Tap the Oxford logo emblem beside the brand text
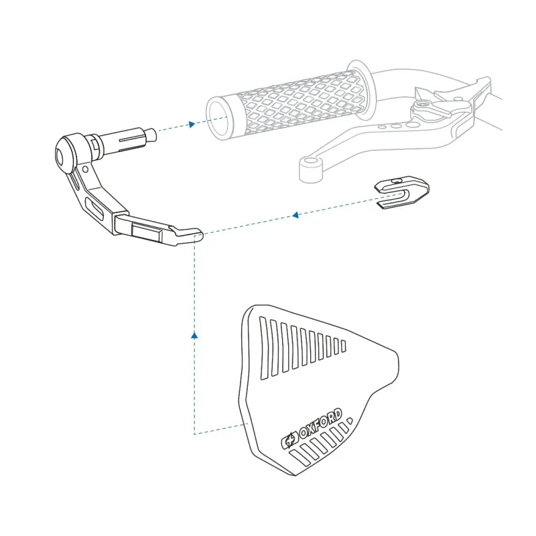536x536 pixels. coord(289,440)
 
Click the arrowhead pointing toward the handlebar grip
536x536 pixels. coord(192,124)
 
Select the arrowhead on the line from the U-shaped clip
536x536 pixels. coord(295,214)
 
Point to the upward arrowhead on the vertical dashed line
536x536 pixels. coord(194,336)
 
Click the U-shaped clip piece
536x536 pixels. coord(403,192)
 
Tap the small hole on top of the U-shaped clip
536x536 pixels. coord(397,180)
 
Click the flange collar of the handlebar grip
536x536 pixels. coord(360,90)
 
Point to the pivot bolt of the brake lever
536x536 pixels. coord(423,104)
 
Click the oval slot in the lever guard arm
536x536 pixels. coord(94,208)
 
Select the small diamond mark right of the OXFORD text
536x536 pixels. coord(349,420)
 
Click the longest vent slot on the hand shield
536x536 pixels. coord(263,348)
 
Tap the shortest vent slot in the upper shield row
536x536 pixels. coord(344,346)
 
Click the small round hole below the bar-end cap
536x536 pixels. coord(86,170)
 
